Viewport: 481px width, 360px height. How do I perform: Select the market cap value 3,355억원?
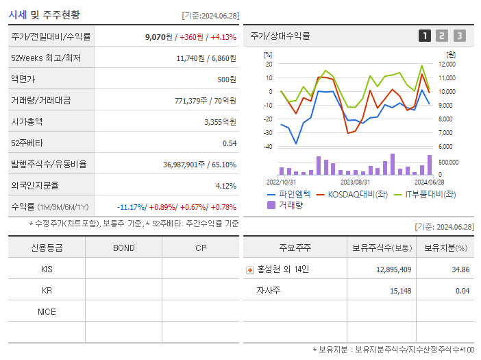[x=220, y=122]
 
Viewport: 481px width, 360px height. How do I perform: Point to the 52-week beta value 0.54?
[x=229, y=143]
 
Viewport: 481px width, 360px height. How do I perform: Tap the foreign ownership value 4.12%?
[x=225, y=186]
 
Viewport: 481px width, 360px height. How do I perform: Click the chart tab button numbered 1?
[x=425, y=36]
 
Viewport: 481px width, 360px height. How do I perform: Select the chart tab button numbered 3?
[x=459, y=36]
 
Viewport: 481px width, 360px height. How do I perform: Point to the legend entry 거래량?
[x=290, y=204]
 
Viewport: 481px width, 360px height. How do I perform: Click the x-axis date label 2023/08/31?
[x=355, y=182]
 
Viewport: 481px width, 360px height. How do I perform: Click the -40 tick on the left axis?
[x=269, y=147]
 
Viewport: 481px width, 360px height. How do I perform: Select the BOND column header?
[x=123, y=248]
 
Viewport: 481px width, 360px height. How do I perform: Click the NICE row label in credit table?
[x=47, y=312]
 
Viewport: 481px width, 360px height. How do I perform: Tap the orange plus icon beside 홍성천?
[x=250, y=270]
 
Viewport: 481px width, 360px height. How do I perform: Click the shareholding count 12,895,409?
[x=393, y=269]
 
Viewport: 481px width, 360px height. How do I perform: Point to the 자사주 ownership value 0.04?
[x=462, y=291]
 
